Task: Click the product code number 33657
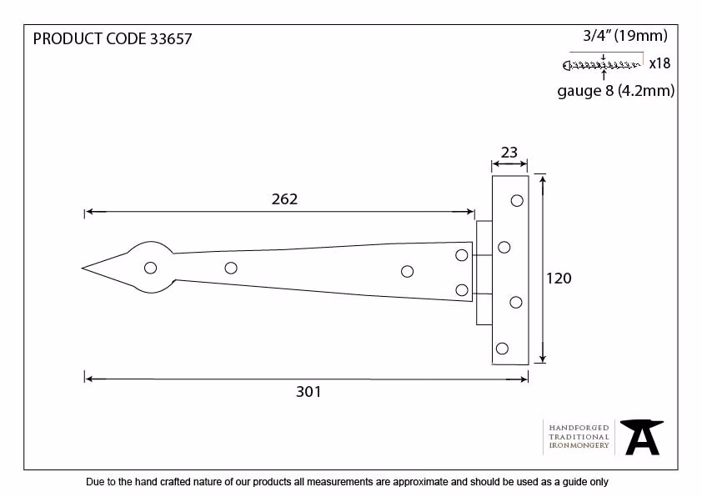171,39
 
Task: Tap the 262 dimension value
284,198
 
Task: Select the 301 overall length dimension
308,392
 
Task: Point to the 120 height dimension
559,278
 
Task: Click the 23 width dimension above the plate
509,153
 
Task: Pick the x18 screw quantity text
659,63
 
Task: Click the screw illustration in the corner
601,66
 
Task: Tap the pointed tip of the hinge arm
83,269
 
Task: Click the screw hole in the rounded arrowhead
150,268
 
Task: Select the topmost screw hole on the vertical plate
517,201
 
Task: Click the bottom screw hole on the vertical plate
503,349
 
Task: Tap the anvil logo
642,437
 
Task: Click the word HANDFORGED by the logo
579,428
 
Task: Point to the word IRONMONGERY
579,445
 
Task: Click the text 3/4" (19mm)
625,35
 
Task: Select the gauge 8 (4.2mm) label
615,91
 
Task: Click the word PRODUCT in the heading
68,39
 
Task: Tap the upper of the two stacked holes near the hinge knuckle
462,255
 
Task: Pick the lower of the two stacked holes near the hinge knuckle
462,290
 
